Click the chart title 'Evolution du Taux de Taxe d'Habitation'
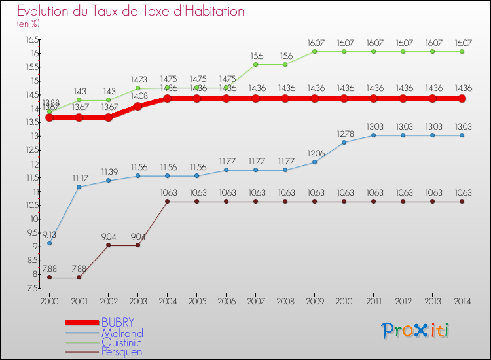click(x=131, y=11)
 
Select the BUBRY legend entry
click(x=118, y=323)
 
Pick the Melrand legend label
click(x=122, y=333)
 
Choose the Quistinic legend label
click(x=121, y=342)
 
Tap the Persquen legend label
click(x=122, y=352)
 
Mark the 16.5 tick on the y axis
click(x=31, y=39)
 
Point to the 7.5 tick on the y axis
click(x=31, y=288)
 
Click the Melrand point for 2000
click(x=49, y=243)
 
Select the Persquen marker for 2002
click(x=108, y=245)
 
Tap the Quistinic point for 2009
click(x=314, y=51)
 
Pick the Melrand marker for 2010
click(x=344, y=142)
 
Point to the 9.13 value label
click(x=49, y=234)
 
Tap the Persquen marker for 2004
click(x=167, y=202)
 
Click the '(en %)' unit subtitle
click(x=28, y=24)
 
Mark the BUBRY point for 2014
click(x=462, y=98)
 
